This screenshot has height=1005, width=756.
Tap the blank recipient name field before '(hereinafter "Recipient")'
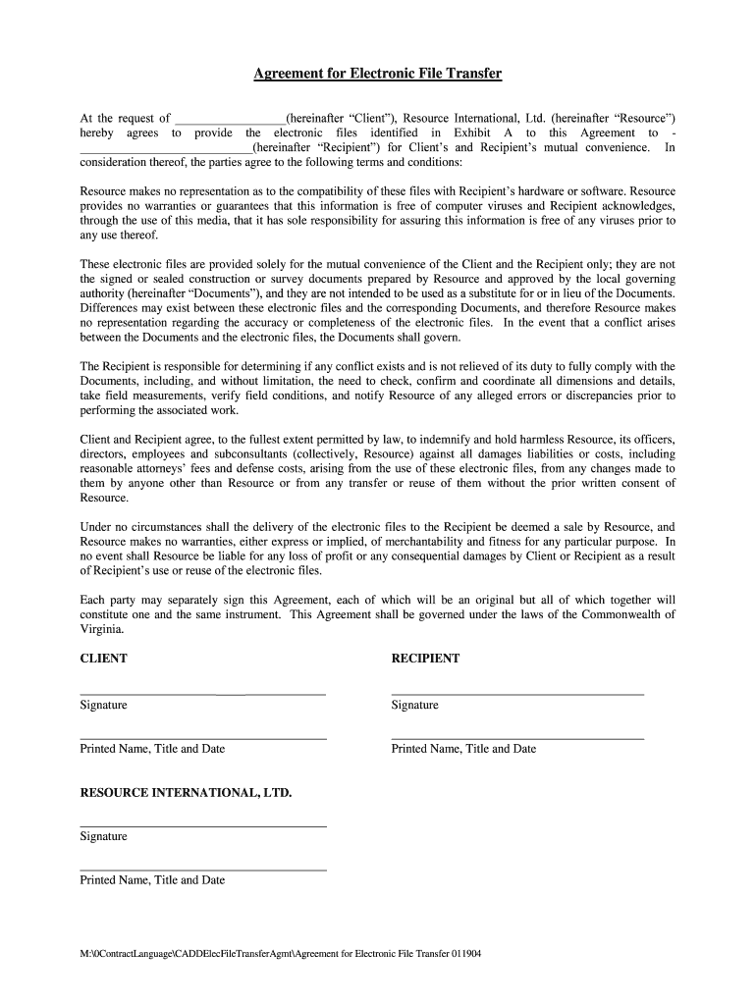click(165, 148)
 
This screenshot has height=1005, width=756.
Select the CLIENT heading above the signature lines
click(103, 659)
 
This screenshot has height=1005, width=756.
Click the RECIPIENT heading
click(425, 659)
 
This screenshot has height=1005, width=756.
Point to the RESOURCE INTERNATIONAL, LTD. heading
click(186, 792)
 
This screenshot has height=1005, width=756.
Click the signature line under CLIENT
click(202, 694)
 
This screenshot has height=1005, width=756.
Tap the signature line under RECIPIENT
click(517, 694)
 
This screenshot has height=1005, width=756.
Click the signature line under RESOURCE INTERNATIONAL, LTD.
click(202, 825)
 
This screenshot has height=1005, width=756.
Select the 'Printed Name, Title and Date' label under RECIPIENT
click(463, 749)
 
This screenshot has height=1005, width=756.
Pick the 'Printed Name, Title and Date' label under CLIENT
click(152, 749)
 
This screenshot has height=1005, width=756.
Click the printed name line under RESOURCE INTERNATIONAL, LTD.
click(202, 870)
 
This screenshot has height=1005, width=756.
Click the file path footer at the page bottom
click(280, 953)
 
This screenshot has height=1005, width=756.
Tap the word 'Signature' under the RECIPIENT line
click(414, 706)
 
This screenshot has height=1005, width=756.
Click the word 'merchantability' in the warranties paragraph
click(424, 541)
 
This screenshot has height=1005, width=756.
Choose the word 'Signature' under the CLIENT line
click(103, 706)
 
